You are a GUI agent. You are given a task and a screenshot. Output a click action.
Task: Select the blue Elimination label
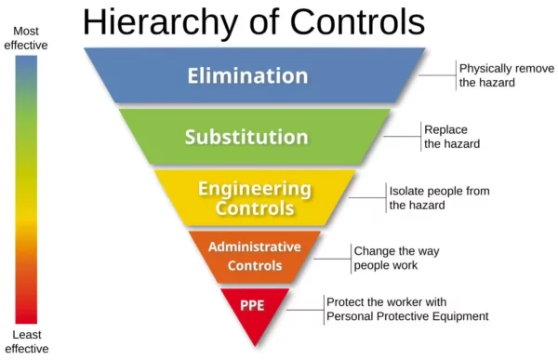246,75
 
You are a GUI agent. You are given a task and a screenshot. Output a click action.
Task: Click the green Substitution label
246,137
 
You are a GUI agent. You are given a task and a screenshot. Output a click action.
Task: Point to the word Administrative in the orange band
254,247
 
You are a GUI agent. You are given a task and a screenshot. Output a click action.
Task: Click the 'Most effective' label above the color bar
26,37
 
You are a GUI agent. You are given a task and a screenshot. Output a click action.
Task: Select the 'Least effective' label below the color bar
25,341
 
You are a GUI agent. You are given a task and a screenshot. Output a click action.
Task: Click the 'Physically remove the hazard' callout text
500,75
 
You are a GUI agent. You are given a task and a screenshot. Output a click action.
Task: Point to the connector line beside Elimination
438,75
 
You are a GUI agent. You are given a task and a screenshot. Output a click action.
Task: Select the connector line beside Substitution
403,137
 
